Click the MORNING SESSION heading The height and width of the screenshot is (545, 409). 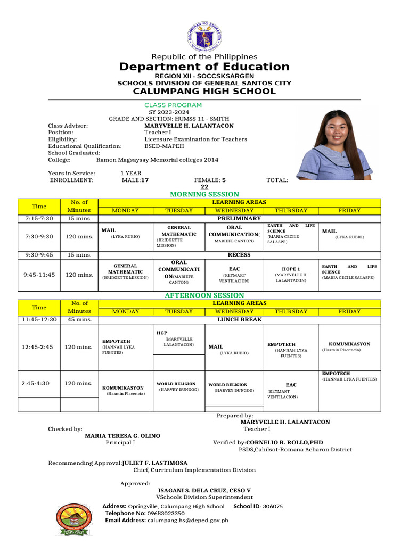(x=204, y=194)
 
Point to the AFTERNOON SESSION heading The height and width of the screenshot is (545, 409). (x=204, y=295)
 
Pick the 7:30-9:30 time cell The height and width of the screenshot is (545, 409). (x=39, y=236)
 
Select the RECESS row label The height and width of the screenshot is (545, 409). (x=239, y=255)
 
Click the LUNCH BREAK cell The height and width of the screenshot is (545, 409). (x=239, y=320)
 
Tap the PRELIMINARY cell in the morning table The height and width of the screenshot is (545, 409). (x=239, y=219)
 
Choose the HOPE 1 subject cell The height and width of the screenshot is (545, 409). (x=291, y=269)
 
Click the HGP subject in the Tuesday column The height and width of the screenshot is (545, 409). (x=162, y=333)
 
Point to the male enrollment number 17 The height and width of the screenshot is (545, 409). (x=144, y=180)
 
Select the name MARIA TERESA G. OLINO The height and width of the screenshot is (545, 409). (x=122, y=436)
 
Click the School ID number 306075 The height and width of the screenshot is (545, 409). (x=273, y=506)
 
